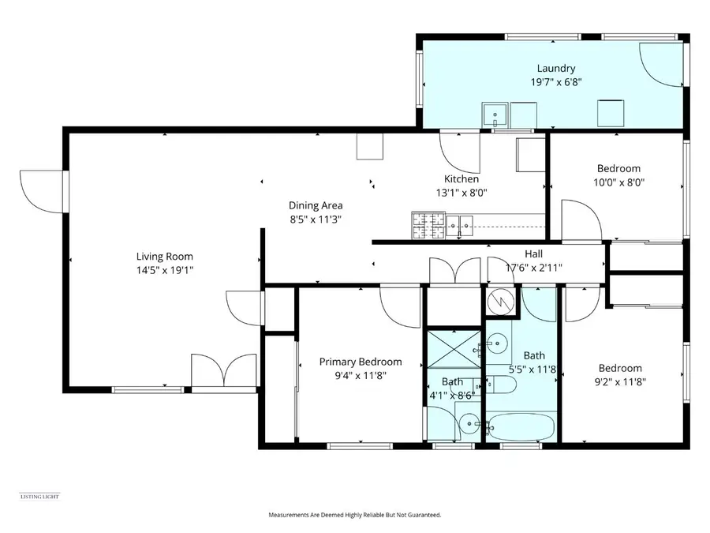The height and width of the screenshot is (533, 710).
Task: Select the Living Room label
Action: tap(164, 256)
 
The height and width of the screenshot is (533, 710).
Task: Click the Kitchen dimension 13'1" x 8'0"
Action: tap(461, 192)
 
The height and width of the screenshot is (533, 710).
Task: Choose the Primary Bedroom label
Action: tap(360, 362)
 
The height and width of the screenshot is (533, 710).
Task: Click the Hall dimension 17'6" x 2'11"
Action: tap(533, 268)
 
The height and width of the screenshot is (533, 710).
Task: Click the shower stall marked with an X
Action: tap(453, 348)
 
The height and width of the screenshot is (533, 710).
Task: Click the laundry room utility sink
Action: tap(495, 116)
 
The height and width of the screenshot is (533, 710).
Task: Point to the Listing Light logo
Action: tap(39, 496)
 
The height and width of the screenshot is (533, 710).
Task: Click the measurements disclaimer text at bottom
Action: tap(355, 515)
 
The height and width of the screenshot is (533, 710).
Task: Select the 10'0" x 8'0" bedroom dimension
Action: tap(618, 182)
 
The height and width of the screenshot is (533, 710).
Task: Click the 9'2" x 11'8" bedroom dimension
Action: tap(619, 381)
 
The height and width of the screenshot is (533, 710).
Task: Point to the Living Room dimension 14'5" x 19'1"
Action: tap(164, 269)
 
